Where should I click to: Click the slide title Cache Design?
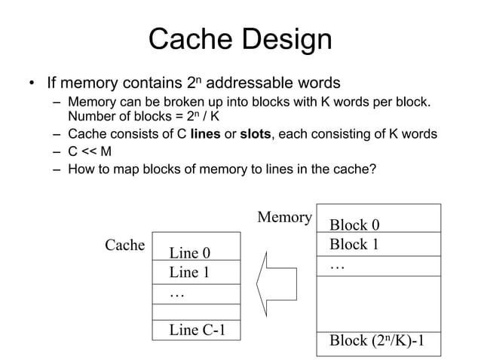tap(240, 39)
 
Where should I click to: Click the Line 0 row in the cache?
tap(189, 252)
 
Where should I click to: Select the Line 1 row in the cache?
tap(189, 272)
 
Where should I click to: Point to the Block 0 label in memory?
tap(354, 224)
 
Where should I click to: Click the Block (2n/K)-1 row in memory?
tap(378, 342)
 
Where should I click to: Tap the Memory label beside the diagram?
tap(284, 218)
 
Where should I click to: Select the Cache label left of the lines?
tap(124, 245)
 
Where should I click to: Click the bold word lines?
tap(206, 134)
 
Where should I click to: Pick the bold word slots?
tap(256, 134)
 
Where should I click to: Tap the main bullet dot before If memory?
tap(31, 83)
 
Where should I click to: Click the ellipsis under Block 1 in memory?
tap(337, 266)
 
